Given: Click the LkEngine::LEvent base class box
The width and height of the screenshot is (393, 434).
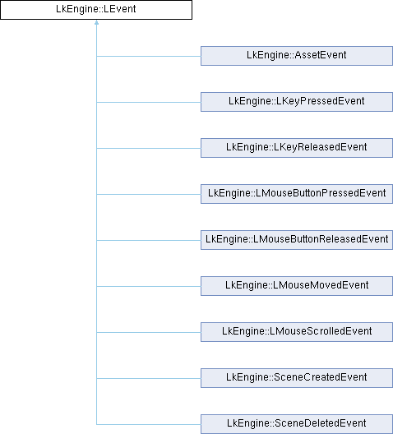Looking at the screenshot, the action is pos(96,10).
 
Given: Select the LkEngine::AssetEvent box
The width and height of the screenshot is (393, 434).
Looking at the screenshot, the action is pos(297,56).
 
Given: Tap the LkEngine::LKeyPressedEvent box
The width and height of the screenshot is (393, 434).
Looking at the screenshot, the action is pos(297,102).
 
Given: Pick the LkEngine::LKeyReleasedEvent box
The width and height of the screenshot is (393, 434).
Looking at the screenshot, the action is pos(297,148).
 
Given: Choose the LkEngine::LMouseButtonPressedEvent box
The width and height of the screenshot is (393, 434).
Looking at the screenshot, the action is pos(297,194).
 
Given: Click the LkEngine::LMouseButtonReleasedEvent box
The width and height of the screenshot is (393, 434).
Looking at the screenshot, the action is pos(297,240).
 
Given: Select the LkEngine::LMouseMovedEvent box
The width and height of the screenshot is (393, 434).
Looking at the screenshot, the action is pos(297,286).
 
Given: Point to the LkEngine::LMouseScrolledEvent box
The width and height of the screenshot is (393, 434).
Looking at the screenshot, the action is pos(297,332).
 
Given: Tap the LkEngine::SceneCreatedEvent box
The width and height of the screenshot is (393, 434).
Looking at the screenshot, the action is pos(297,378).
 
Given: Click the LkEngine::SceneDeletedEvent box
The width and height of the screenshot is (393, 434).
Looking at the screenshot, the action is pos(297,424).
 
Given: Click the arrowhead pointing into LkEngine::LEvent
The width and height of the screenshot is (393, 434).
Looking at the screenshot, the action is pos(96,22).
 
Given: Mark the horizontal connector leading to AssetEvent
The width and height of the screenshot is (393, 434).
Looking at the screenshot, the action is pos(149,56).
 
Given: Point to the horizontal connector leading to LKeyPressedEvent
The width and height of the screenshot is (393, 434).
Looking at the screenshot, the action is pos(149,102).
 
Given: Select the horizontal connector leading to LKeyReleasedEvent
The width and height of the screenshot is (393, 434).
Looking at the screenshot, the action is pos(149,148).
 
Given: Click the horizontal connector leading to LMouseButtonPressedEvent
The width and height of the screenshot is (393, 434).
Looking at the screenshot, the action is pos(149,194).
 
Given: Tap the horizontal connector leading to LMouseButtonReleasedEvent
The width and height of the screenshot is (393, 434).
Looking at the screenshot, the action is pos(149,240).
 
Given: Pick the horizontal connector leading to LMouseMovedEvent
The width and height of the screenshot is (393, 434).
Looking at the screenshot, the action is pos(149,286).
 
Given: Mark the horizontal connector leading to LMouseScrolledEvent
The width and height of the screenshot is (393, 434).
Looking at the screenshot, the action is pos(149,332).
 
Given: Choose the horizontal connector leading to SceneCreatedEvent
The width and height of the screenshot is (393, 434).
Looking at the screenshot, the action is pos(149,378).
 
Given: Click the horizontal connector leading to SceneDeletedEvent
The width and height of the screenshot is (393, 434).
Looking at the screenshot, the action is pos(149,424).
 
